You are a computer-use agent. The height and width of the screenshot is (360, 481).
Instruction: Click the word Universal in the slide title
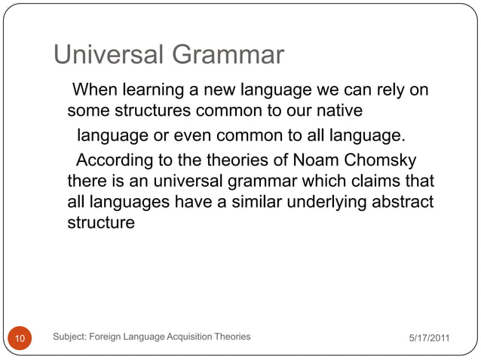click(110, 55)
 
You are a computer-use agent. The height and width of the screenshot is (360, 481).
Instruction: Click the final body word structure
click(101, 224)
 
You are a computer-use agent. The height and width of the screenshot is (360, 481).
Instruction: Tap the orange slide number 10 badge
click(20, 338)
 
